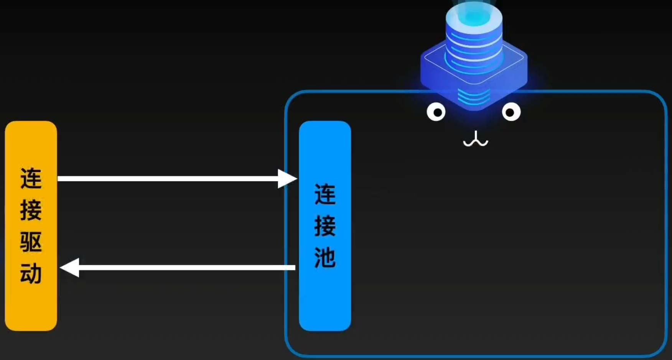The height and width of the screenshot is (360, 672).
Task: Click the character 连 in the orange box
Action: (31, 178)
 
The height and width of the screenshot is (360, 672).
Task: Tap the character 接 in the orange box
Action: (31, 210)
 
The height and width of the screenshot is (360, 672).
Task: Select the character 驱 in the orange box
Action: (31, 242)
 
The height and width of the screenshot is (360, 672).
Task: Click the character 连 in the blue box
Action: (325, 194)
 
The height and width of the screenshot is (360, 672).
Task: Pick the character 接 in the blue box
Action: (325, 226)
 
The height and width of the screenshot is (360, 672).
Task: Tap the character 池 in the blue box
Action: (325, 257)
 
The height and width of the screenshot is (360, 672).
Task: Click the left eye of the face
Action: (436, 112)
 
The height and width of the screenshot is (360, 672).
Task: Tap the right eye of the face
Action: (511, 112)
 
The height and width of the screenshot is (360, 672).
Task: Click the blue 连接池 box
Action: (325, 299)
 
